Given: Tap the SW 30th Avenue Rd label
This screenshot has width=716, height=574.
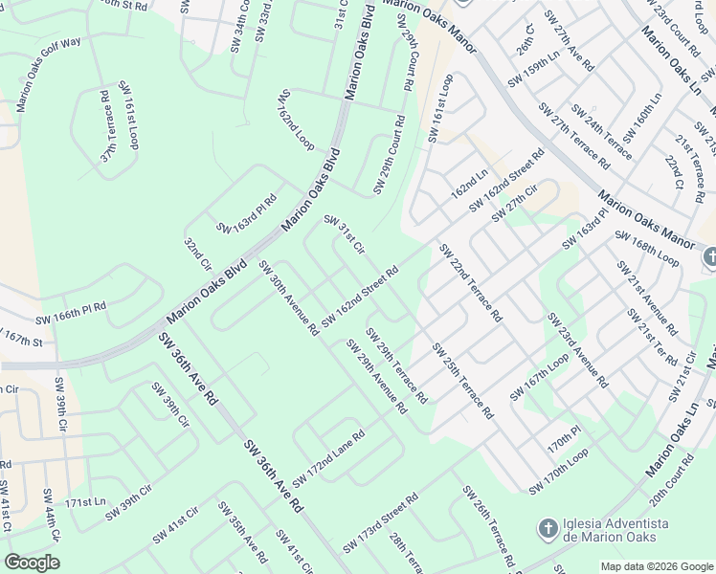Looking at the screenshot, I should coord(288,298).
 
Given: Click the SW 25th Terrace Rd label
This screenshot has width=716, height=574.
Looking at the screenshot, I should coord(462,381).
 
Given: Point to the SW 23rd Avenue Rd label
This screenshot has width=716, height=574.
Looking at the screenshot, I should coord(577,349).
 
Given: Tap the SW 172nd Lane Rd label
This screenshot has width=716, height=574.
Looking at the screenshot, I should coord(329,456).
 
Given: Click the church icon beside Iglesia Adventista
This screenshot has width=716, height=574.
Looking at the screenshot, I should coord(548,528).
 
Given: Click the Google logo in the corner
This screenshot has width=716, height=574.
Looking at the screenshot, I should coord(33,563).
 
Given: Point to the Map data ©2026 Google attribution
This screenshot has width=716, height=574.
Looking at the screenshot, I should coord(656,566).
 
